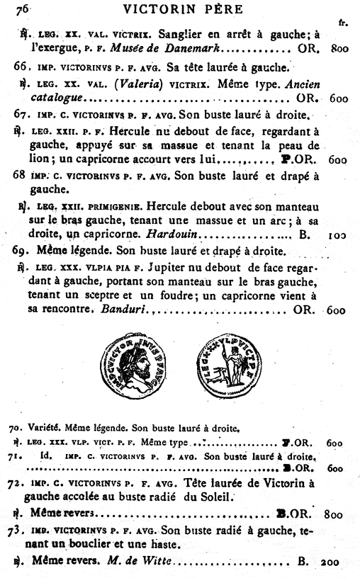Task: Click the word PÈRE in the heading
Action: [218, 9]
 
